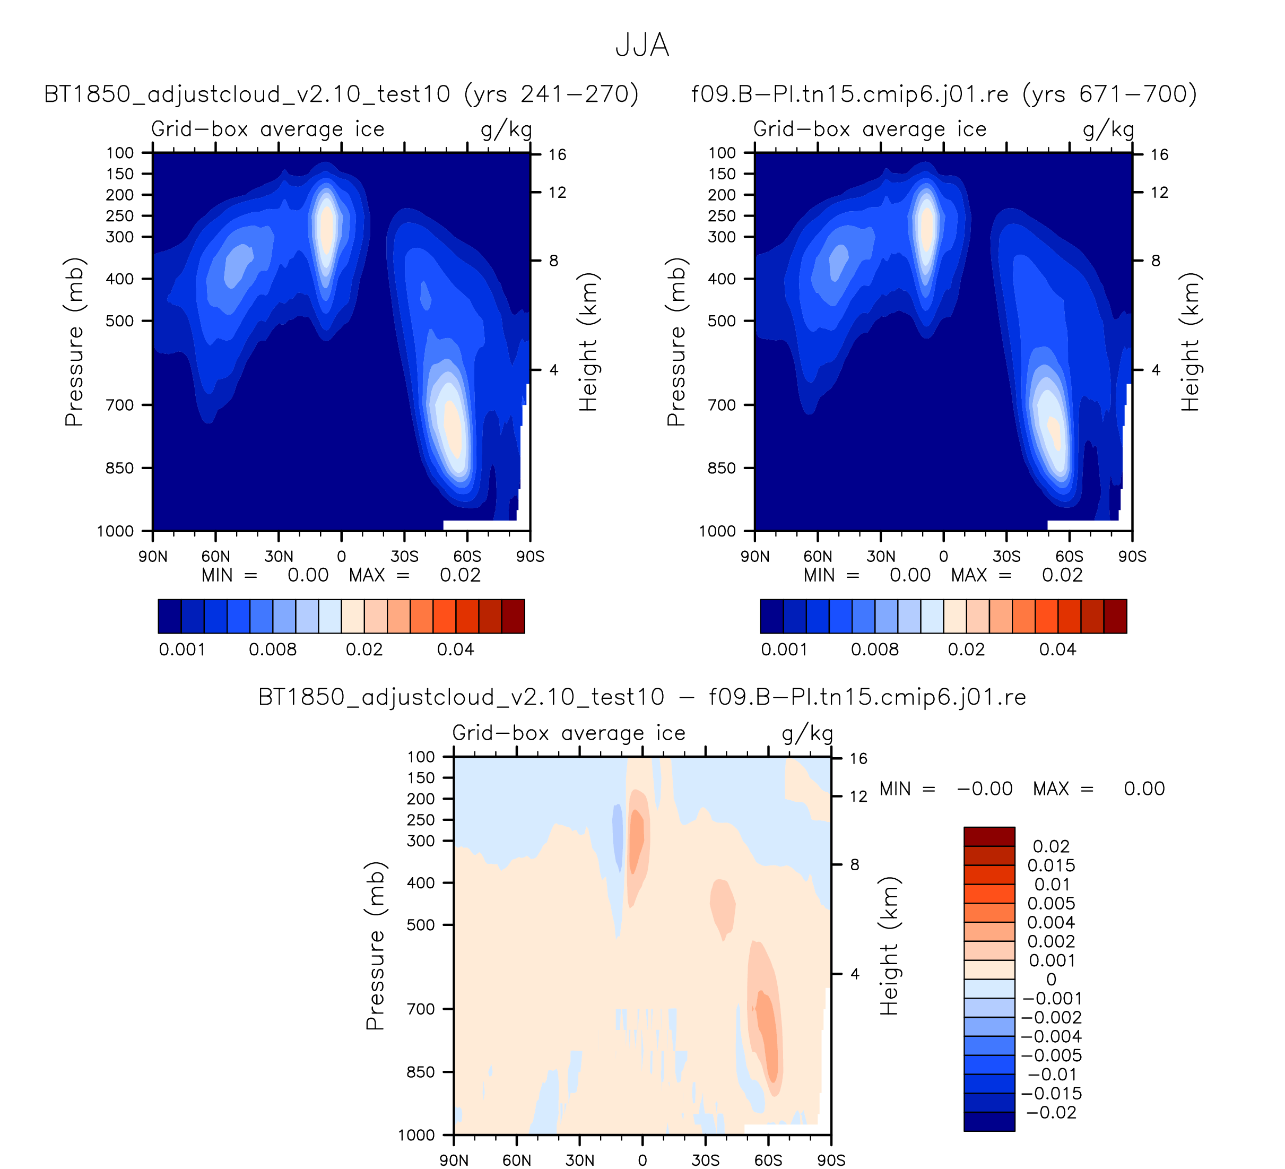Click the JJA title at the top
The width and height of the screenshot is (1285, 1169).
click(642, 46)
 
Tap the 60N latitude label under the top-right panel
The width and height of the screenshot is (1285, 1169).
click(817, 557)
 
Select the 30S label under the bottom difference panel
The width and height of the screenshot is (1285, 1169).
click(705, 1160)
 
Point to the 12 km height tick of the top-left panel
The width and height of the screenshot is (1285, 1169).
click(557, 193)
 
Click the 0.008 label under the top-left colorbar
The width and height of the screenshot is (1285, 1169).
click(272, 650)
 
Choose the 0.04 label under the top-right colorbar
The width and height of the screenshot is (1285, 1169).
click(1057, 650)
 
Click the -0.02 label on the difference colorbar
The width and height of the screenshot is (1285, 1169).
click(1051, 1112)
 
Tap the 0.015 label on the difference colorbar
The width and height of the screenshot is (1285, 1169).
click(1051, 865)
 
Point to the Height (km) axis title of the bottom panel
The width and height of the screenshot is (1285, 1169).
click(889, 946)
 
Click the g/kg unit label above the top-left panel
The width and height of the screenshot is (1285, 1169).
click(506, 129)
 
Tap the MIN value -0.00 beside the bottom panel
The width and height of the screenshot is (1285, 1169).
click(984, 789)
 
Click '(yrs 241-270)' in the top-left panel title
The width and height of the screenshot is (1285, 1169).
click(551, 94)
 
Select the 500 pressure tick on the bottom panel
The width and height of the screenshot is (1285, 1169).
click(421, 924)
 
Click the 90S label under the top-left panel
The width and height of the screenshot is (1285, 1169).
click(529, 557)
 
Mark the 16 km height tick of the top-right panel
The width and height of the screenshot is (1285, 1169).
click(1159, 155)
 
